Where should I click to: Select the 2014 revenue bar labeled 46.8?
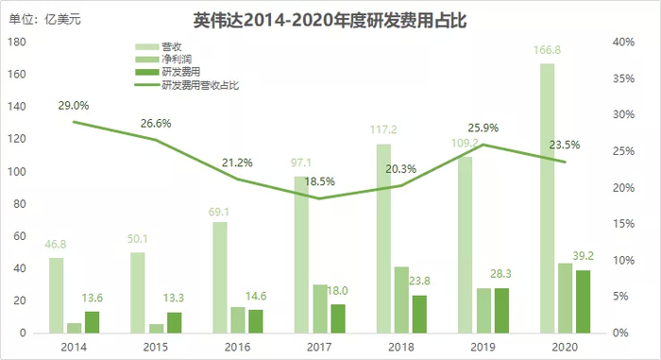[56, 295]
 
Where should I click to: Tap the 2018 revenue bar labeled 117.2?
[383, 238]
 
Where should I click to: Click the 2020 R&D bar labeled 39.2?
[584, 301]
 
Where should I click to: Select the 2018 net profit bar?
[401, 300]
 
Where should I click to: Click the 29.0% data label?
[74, 106]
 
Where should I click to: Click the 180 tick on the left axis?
[15, 43]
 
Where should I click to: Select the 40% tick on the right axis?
[624, 43]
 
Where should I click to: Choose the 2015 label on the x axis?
[156, 347]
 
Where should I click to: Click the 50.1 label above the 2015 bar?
[137, 240]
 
